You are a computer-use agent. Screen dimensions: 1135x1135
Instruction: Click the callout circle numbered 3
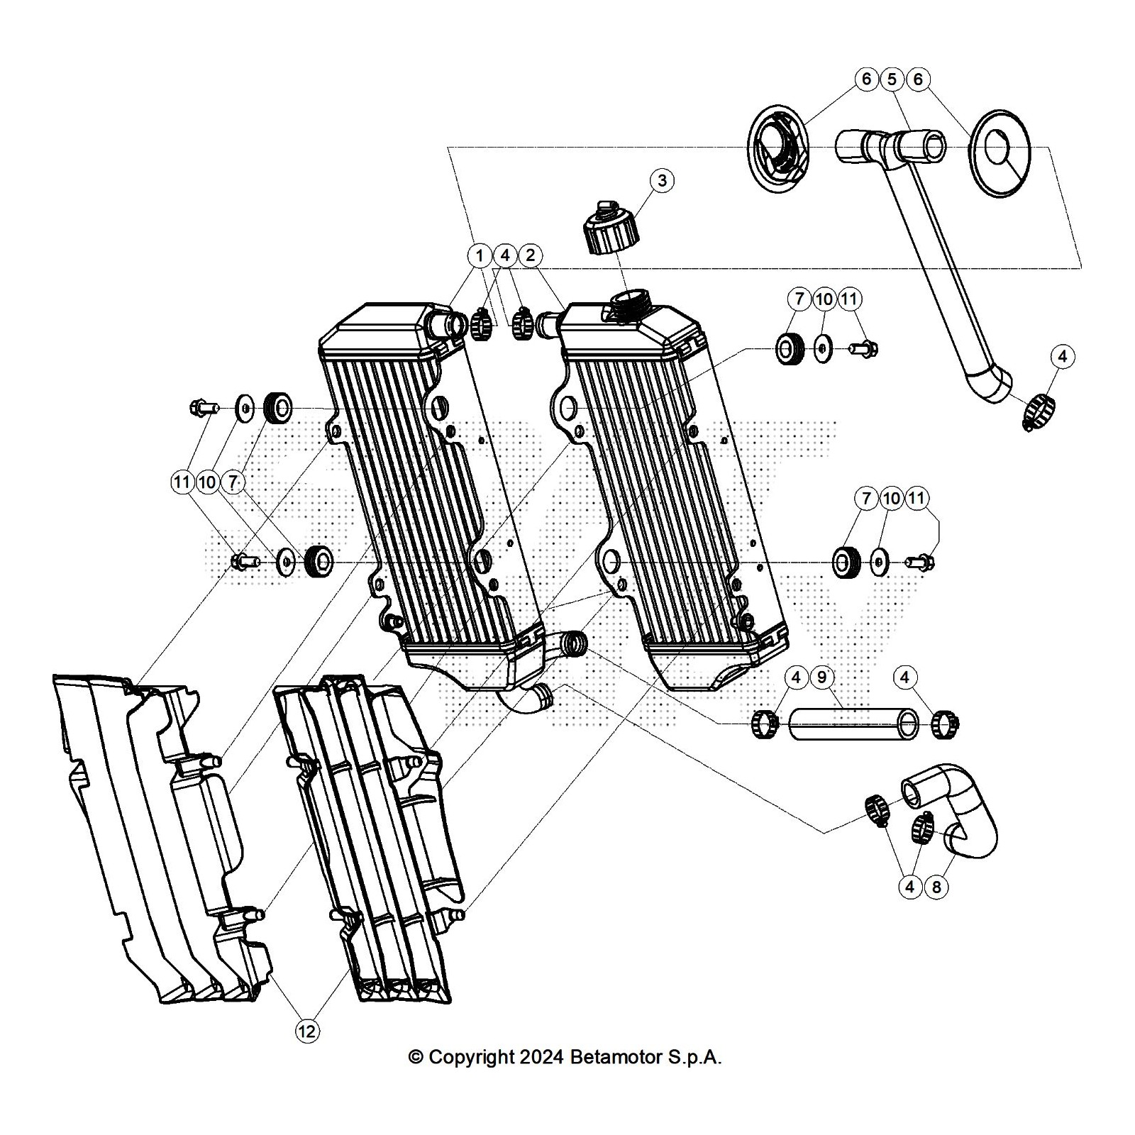pyautogui.click(x=662, y=180)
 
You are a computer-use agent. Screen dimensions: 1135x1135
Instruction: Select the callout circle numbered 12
pyautogui.click(x=307, y=1031)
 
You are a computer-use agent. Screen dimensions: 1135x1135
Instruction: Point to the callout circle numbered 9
pyautogui.click(x=822, y=677)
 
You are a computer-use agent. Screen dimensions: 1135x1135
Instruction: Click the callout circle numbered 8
pyautogui.click(x=936, y=887)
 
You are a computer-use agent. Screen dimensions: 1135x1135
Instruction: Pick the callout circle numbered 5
pyautogui.click(x=892, y=79)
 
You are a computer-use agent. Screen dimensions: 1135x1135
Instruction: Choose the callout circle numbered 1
pyautogui.click(x=480, y=255)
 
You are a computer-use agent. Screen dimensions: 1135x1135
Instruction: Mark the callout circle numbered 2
pyautogui.click(x=531, y=255)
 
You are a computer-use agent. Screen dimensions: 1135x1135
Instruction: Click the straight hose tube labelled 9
pyautogui.click(x=854, y=724)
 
